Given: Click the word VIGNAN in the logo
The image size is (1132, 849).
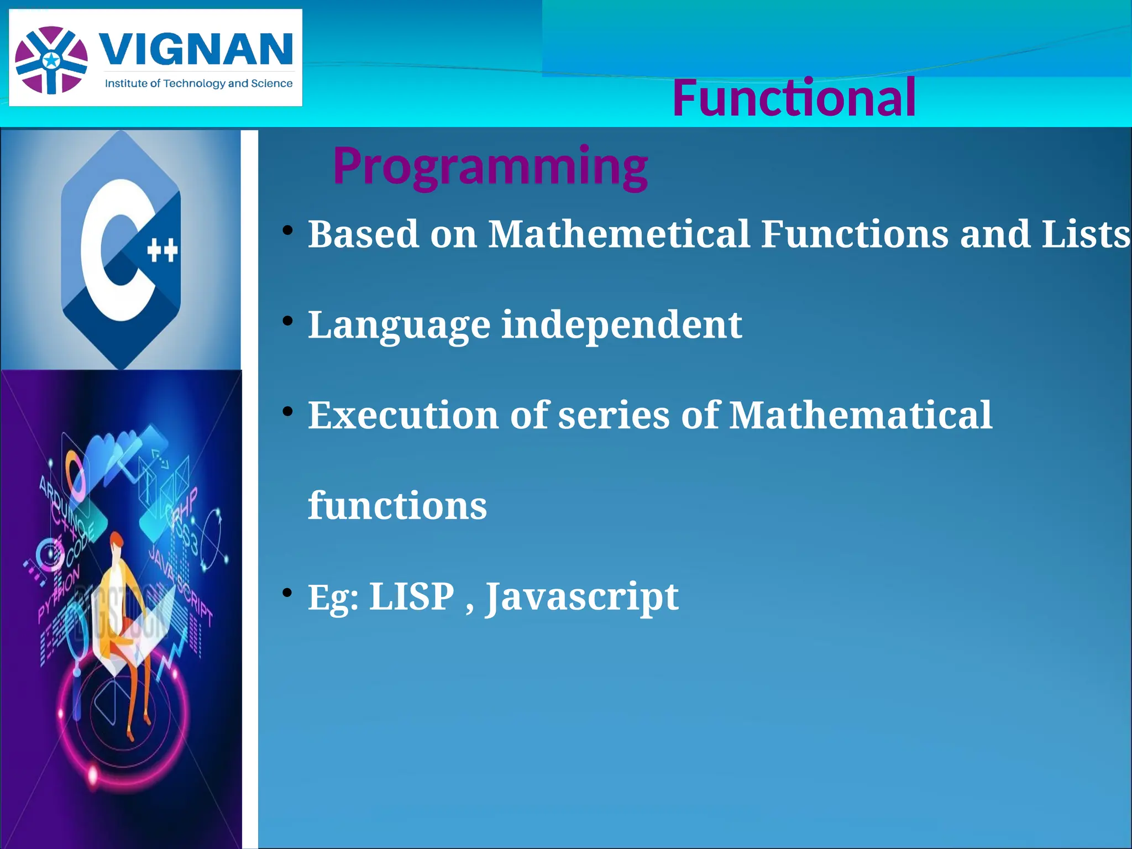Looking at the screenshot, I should click(196, 49).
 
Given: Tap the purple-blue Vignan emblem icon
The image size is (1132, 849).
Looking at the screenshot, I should click(51, 60).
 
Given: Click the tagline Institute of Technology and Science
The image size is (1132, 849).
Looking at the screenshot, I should click(198, 83).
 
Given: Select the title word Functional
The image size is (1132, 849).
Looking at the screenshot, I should click(794, 98).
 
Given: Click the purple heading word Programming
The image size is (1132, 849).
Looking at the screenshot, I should click(490, 165).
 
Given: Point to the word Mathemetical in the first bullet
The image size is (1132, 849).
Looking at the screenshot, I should click(619, 234).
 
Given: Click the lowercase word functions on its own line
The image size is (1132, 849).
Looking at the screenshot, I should click(397, 505).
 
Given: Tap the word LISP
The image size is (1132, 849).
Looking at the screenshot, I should click(411, 596).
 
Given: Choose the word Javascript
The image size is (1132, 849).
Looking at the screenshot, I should click(581, 598).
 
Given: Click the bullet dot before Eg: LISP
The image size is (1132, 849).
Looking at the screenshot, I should click(287, 593).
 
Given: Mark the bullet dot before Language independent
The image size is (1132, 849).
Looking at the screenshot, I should click(287, 321).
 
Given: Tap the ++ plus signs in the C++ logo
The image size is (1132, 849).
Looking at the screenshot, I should click(163, 250).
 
